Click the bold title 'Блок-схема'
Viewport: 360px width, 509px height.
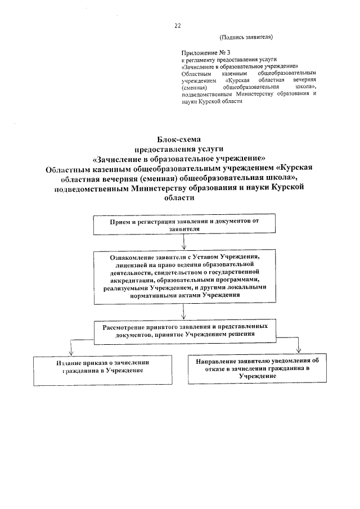pyautogui.click(x=178, y=139)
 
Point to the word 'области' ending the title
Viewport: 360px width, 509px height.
pyautogui.click(x=179, y=197)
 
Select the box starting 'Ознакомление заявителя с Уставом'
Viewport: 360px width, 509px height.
pyautogui.click(x=184, y=276)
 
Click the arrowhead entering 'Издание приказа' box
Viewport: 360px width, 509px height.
pyautogui.click(x=69, y=352)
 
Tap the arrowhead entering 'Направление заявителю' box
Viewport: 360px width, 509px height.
pyautogui.click(x=299, y=349)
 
